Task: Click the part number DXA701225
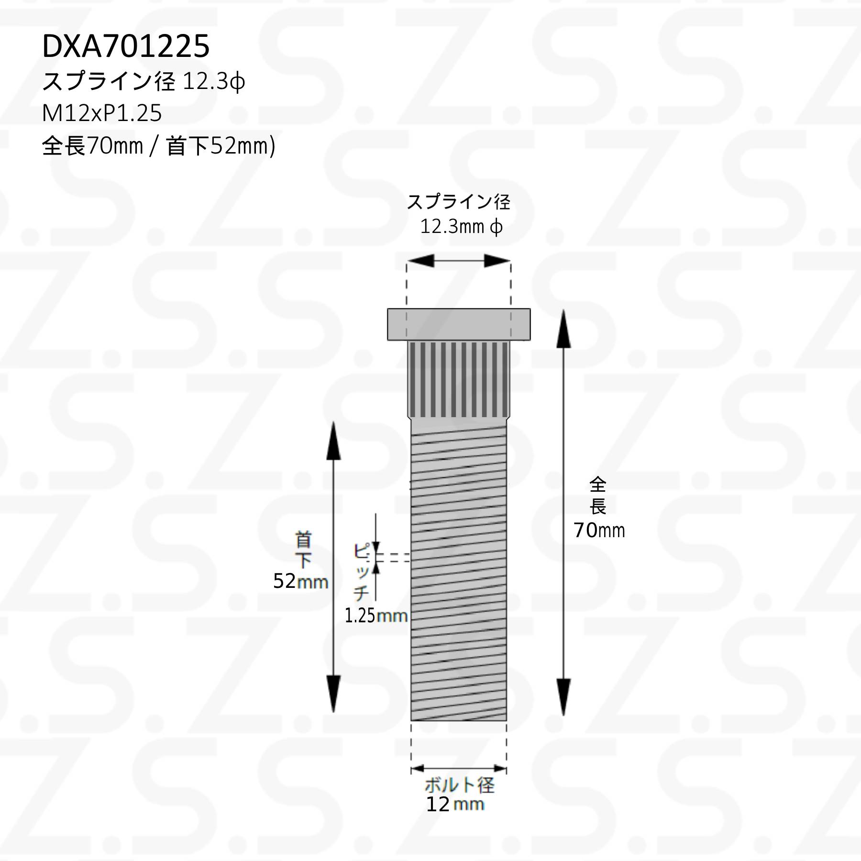(x=126, y=46)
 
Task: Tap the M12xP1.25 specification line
(x=102, y=113)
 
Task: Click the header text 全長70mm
(x=92, y=145)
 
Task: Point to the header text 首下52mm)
(x=221, y=146)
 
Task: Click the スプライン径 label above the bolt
(x=458, y=202)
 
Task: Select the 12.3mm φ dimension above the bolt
(x=461, y=226)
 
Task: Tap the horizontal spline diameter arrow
(x=458, y=261)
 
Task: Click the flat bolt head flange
(x=459, y=324)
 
